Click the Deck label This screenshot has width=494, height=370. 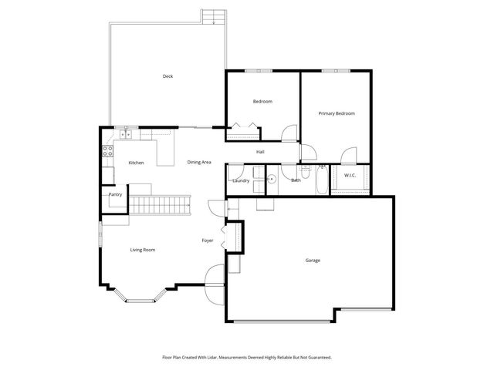(x=167, y=76)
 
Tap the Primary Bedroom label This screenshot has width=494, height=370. (x=337, y=113)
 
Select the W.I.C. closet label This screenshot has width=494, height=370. (x=349, y=176)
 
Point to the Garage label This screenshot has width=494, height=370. (x=312, y=260)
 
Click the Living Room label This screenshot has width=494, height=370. (x=143, y=250)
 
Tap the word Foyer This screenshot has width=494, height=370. (x=208, y=240)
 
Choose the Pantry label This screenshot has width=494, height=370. (x=115, y=194)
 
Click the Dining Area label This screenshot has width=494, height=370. (x=199, y=162)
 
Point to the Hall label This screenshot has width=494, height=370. (x=261, y=151)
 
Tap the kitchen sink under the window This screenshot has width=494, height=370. (x=127, y=135)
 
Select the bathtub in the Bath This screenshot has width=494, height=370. (x=319, y=180)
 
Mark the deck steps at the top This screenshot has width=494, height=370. (x=212, y=16)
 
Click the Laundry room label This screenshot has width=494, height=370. (x=241, y=180)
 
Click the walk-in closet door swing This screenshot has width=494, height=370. (x=349, y=156)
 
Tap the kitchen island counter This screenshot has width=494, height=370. (x=164, y=152)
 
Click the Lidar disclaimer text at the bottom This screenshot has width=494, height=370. (x=246, y=358)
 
